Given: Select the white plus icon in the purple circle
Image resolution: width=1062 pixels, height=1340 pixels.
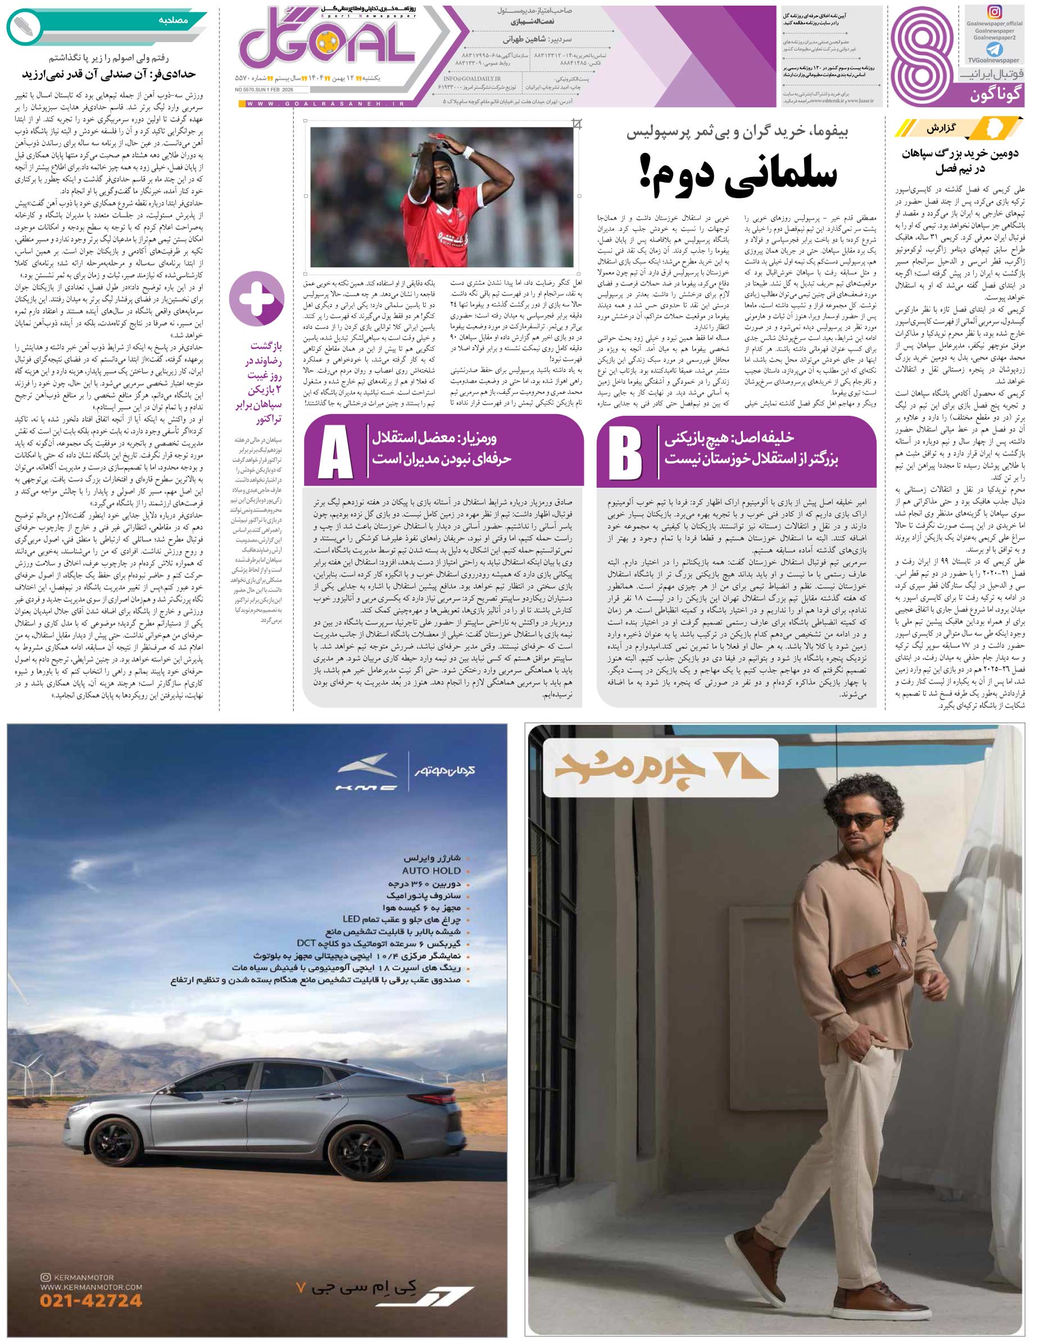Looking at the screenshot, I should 257,299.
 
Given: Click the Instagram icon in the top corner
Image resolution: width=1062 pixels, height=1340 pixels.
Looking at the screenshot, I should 994,12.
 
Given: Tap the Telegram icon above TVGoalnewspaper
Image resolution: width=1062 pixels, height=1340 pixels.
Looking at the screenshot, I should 993,49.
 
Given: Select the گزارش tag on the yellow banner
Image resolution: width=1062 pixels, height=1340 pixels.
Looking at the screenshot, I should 941,129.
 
